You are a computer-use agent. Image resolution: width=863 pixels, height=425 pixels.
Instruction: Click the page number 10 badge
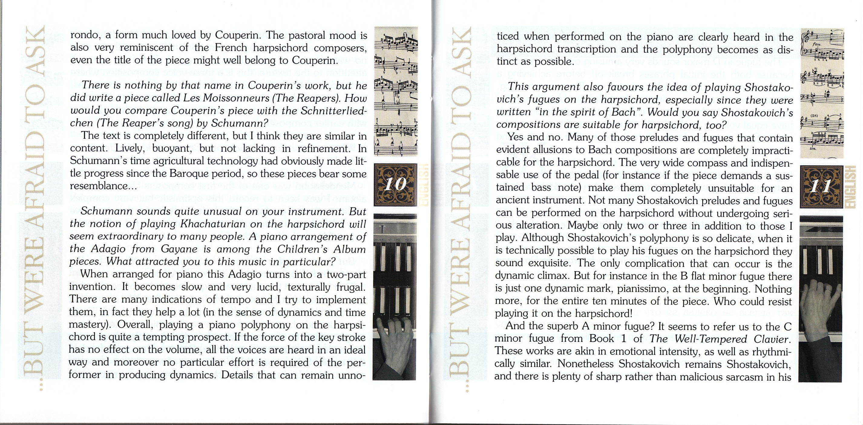[395, 184]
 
